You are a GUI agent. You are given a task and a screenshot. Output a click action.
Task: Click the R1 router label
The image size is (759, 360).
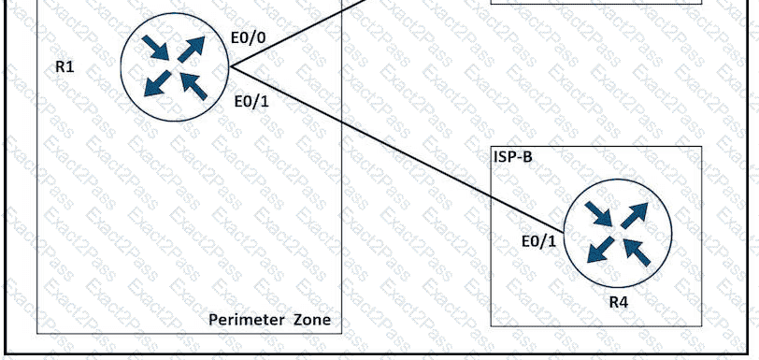click(64, 67)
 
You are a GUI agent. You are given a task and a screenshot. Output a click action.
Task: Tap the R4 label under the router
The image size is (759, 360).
click(618, 303)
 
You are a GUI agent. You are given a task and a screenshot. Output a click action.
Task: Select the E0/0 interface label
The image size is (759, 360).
click(248, 38)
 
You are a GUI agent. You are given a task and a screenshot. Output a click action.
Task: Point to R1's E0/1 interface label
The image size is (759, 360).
click(251, 102)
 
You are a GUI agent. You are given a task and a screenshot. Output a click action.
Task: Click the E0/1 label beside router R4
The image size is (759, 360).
click(538, 241)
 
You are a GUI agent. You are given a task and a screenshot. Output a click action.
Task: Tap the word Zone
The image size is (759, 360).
click(314, 320)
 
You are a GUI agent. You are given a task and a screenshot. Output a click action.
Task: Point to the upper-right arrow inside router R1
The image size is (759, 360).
click(191, 50)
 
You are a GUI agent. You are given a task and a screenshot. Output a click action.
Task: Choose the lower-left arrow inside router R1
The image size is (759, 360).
click(158, 83)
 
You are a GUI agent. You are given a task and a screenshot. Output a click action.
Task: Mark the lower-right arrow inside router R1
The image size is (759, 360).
click(194, 86)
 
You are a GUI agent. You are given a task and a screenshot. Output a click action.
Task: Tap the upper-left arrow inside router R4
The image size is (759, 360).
click(599, 214)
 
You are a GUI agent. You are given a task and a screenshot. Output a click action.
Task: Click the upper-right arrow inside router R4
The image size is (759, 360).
click(634, 216)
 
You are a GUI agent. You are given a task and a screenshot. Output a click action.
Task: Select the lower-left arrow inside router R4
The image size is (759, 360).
click(601, 250)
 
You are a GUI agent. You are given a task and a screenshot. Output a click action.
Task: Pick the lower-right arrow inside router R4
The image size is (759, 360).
click(637, 252)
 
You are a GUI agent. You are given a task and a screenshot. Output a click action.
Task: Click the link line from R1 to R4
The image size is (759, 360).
click(397, 150)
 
